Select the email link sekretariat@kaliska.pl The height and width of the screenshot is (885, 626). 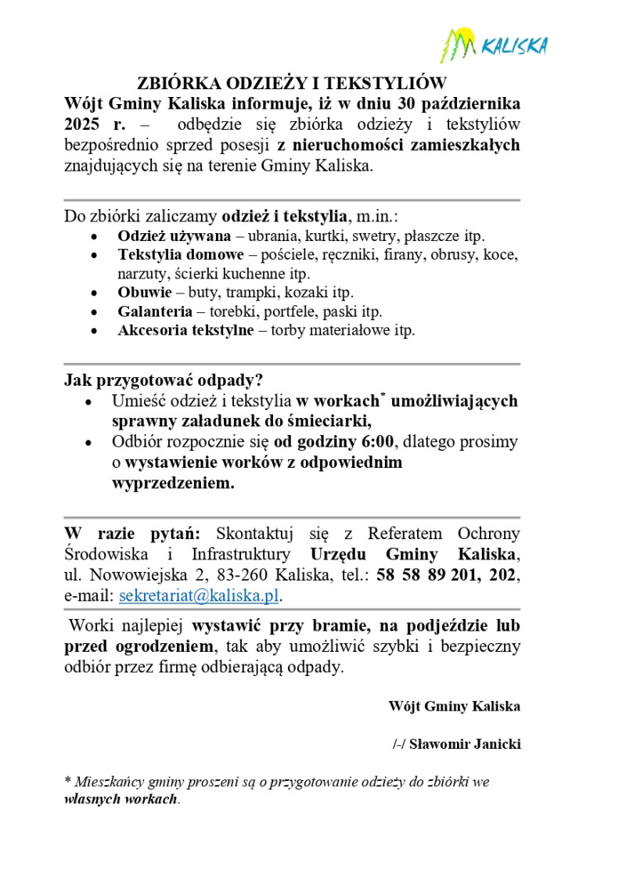coord(199,595)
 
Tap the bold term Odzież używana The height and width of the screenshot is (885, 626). coord(174,236)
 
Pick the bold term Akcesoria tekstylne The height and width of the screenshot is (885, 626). coord(185,330)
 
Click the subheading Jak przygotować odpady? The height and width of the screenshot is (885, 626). coord(163,381)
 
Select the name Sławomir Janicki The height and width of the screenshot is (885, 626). coord(465,744)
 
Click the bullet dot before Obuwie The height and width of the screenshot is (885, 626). coord(95,293)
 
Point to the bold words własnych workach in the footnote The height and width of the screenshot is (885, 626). coord(121,800)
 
